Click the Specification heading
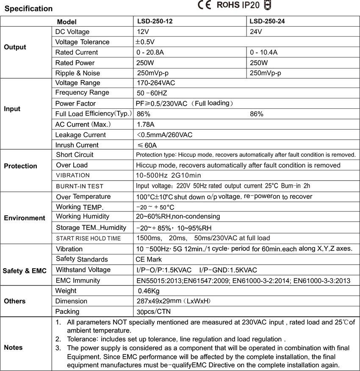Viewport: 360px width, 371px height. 28,8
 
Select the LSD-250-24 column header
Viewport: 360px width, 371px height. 267,21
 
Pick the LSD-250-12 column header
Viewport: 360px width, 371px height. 155,21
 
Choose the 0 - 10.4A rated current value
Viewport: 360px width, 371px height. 263,52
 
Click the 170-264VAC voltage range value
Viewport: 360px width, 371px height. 155,83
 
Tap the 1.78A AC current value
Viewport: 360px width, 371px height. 146,124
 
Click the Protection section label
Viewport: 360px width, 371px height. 20,166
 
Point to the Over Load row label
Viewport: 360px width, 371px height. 72,165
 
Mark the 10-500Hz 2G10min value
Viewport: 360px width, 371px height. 169,175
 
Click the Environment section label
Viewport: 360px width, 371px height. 24,218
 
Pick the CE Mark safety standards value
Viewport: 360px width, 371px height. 149,259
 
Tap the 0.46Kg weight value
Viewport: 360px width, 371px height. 149,291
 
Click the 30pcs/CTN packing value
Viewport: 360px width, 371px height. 154,312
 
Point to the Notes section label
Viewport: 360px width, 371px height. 13,347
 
